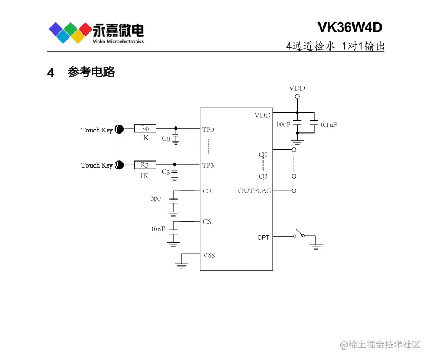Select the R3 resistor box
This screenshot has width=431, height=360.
tap(145, 164)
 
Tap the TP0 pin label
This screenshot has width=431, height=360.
tap(208, 130)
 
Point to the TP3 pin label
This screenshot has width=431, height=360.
tap(208, 165)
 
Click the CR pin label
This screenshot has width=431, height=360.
tap(207, 191)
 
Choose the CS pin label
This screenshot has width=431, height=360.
tap(206, 222)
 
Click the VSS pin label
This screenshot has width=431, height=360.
tap(209, 255)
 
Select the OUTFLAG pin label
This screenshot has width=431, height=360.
tap(254, 191)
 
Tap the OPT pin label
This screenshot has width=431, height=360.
tap(264, 237)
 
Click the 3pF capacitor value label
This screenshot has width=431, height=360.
tap(156, 198)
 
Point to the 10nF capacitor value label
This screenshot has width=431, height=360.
tap(158, 229)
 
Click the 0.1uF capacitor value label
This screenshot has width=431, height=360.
tap(328, 125)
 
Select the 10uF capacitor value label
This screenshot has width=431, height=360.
tap(283, 125)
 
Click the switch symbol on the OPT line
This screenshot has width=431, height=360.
tap(299, 234)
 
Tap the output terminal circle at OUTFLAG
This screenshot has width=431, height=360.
tap(294, 191)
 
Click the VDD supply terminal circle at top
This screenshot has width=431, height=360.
tap(297, 97)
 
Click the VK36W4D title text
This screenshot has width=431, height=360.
tap(349, 27)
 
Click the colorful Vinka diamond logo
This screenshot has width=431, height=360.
tap(69, 32)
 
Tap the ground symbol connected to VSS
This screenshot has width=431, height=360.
tap(181, 265)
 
